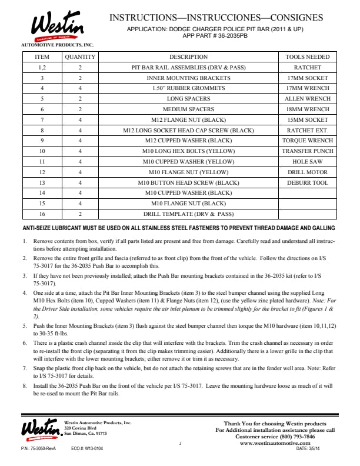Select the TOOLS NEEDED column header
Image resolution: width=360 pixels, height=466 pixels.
[308, 57]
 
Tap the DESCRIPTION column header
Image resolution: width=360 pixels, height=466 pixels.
[188, 57]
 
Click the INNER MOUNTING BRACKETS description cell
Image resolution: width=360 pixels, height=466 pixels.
[188, 78]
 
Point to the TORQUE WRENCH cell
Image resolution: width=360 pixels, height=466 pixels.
[308, 141]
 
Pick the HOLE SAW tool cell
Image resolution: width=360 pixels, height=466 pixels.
[308, 161]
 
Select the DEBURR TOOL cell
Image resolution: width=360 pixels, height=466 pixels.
[308, 182]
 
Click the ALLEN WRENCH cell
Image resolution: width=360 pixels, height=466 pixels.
[308, 99]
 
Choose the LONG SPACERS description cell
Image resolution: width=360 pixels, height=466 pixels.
[188, 99]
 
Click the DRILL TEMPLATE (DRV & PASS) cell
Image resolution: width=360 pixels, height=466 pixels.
[188, 214]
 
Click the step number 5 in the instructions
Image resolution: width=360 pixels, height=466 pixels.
[24, 325]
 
